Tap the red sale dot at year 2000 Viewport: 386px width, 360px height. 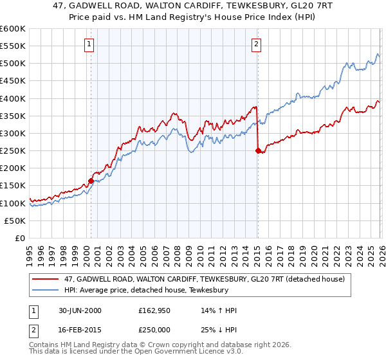click(x=91, y=181)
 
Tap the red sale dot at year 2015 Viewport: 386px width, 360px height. click(x=257, y=151)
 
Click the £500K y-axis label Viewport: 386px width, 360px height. click(x=14, y=64)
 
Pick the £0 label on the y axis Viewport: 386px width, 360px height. click(x=20, y=238)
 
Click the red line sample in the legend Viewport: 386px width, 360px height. click(x=46, y=278)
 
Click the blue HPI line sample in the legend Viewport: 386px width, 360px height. click(x=46, y=290)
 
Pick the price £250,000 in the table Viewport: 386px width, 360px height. click(x=158, y=330)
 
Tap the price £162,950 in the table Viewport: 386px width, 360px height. click(x=158, y=310)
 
